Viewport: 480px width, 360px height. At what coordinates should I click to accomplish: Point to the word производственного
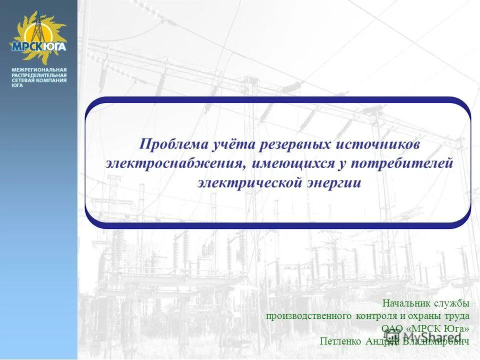coord(309,316)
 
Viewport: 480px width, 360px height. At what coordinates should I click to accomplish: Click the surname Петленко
coord(340,341)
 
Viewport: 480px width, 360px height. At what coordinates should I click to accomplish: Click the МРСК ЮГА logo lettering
coord(38,46)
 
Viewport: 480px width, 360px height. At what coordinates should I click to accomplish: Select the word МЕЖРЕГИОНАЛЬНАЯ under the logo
coord(39,69)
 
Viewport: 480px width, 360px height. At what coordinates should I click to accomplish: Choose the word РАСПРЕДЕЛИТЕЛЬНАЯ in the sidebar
coord(39,74)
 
